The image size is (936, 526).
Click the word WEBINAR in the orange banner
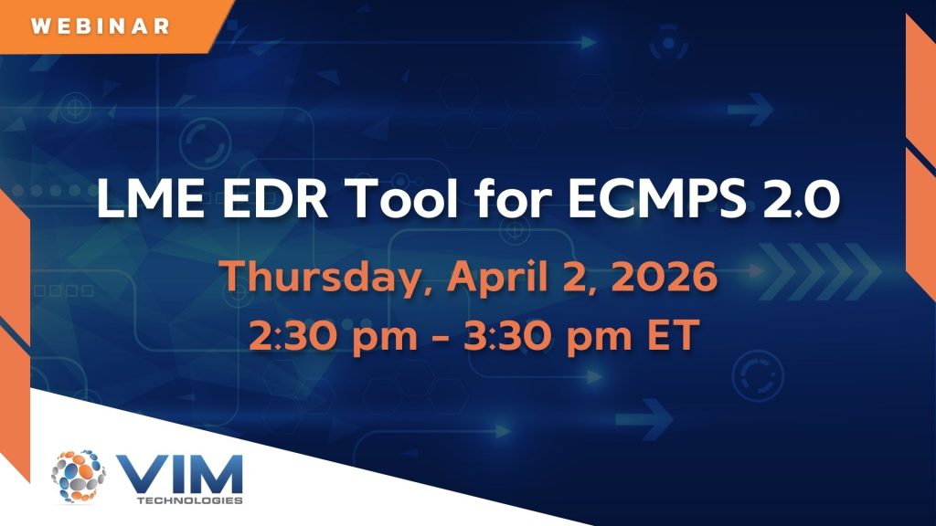click(x=101, y=26)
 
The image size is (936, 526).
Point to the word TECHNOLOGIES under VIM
click(x=190, y=500)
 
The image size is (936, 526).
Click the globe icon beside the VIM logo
click(x=79, y=476)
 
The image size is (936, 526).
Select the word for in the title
click(x=512, y=198)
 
